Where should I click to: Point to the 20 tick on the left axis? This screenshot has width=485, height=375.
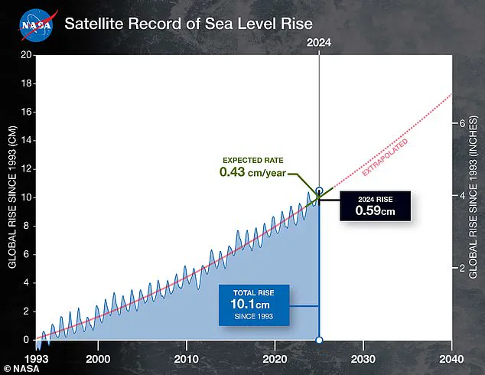point(26,55)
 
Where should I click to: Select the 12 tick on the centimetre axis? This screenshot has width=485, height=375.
point(26,169)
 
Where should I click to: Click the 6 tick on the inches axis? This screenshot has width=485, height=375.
point(461,123)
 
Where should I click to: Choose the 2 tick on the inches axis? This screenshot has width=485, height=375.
point(461,269)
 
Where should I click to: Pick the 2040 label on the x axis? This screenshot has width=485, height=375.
point(451,358)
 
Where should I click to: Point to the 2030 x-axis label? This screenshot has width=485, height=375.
point(363,358)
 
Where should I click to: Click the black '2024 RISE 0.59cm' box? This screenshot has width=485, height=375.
point(374,205)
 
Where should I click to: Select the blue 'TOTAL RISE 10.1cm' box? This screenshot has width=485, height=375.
point(257,305)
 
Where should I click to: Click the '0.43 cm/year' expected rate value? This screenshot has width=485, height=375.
point(252,172)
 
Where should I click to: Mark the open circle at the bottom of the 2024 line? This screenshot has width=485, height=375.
point(319,340)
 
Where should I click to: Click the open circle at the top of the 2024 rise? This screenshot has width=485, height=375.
point(319,191)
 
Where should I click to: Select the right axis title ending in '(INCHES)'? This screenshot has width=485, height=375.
point(474,197)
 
